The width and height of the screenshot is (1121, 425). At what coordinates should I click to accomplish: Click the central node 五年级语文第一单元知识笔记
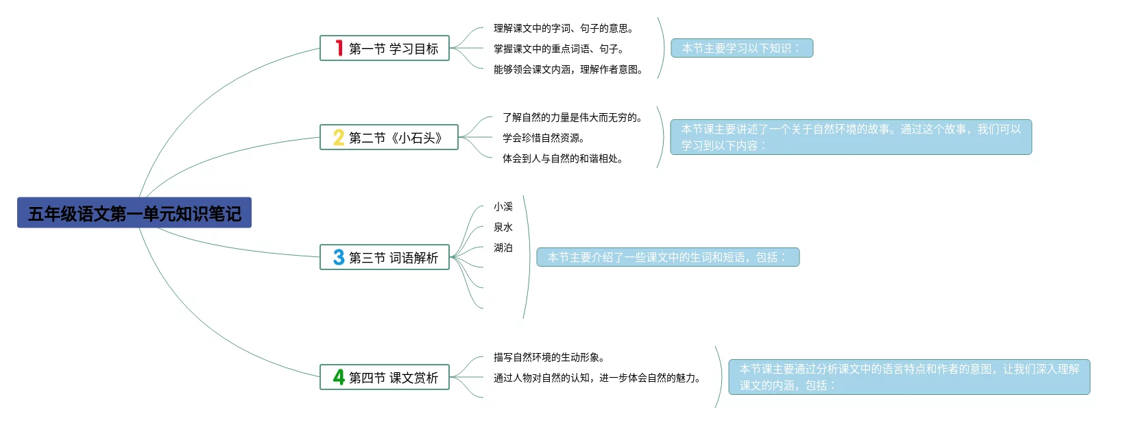(134, 213)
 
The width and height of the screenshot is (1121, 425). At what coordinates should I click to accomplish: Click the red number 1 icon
(339, 48)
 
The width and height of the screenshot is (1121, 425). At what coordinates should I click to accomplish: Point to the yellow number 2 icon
(339, 138)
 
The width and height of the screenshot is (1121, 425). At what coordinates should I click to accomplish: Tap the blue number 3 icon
(339, 258)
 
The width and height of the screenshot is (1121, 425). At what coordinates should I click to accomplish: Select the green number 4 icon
(339, 377)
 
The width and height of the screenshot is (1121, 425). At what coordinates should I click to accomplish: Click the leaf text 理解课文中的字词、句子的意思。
(564, 28)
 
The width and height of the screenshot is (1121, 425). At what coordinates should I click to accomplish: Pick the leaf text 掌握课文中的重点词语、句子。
(559, 49)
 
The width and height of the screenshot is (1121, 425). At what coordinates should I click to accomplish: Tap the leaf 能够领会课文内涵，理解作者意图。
(568, 69)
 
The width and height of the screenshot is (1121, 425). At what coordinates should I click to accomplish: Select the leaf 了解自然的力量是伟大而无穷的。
(572, 117)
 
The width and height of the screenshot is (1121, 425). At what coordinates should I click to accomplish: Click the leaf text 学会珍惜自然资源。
(544, 138)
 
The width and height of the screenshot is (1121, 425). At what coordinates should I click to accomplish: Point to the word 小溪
(503, 206)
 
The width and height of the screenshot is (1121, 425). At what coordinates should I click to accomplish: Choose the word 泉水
(503, 227)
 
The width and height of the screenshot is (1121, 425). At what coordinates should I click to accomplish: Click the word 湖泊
(503, 247)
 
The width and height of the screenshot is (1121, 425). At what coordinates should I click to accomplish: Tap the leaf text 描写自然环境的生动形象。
(549, 357)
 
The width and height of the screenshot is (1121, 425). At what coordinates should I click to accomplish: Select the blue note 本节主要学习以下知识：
(742, 48)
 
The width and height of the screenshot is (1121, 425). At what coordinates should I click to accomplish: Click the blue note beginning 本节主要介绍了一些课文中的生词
(668, 257)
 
